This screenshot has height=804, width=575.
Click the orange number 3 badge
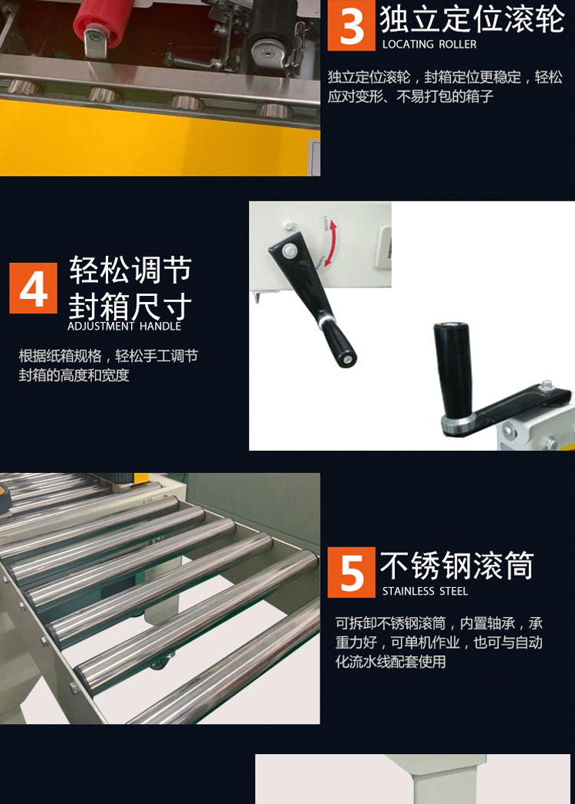pyautogui.click(x=351, y=25)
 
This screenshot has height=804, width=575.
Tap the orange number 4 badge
pyautogui.click(x=33, y=288)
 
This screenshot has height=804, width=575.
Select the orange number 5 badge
pyautogui.click(x=351, y=573)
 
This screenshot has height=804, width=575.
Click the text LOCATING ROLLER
pyautogui.click(x=429, y=44)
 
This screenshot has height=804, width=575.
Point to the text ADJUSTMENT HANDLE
pyautogui.click(x=125, y=326)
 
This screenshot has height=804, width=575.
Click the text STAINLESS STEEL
pyautogui.click(x=426, y=591)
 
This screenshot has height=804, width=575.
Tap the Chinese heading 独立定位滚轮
pyautogui.click(x=472, y=19)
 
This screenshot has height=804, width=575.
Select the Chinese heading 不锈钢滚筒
pyautogui.click(x=457, y=566)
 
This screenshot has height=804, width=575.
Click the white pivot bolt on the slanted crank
pyautogui.click(x=290, y=251)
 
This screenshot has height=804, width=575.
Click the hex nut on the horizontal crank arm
pyautogui.click(x=547, y=385)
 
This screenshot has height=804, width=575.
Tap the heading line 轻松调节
pyautogui.click(x=131, y=270)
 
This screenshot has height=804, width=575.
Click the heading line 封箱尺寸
pyautogui.click(x=131, y=307)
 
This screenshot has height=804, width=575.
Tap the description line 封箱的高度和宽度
pyautogui.click(x=74, y=376)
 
